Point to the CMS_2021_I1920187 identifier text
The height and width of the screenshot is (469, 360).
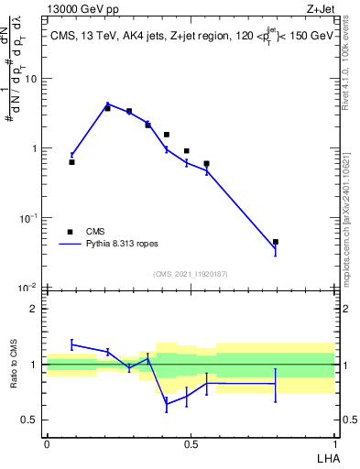(x=190, y=274)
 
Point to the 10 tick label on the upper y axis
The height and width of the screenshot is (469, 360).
(x=31, y=79)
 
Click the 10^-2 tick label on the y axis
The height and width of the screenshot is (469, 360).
(x=27, y=288)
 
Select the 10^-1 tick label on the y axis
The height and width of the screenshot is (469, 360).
(x=27, y=218)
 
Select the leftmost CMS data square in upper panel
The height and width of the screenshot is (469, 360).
(x=71, y=162)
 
